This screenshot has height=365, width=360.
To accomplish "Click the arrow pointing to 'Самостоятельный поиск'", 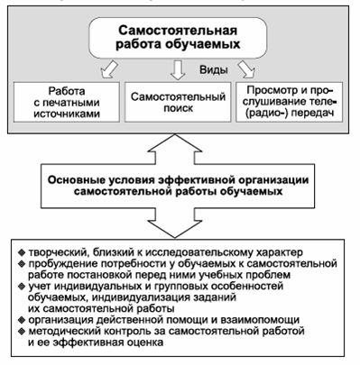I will [x=179, y=69].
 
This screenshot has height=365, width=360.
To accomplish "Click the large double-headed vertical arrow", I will [x=179, y=178].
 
